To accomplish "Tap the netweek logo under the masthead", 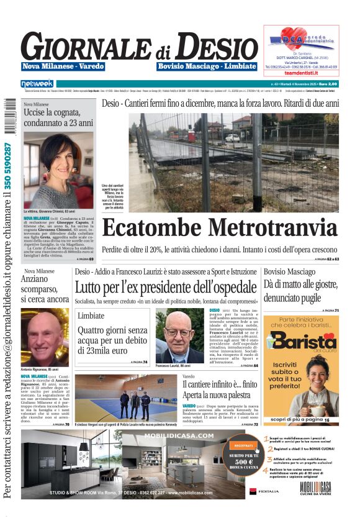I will click(x=37, y=83).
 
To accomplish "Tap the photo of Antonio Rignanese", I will click(x=45, y=335).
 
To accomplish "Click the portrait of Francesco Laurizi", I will click(x=179, y=336).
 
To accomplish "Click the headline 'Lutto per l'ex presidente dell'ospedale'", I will click(x=166, y=288).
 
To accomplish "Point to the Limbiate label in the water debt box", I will click(x=91, y=316).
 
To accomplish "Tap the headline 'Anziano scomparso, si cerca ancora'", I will click(x=45, y=290).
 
